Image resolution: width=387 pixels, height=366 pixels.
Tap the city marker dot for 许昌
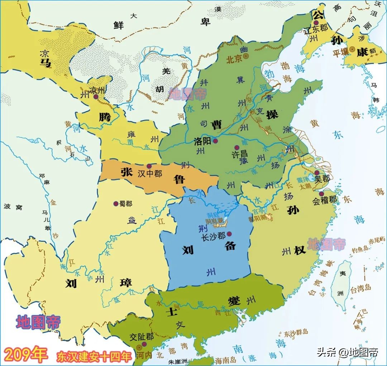tap(236, 147)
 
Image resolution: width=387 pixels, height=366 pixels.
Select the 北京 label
tap(234, 59)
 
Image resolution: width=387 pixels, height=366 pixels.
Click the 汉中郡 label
tap(150, 174)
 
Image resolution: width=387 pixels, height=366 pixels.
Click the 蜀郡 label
tap(126, 203)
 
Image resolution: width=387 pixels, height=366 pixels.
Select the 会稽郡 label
tap(324, 201)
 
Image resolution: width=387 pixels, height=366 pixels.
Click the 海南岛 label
tap(227, 359)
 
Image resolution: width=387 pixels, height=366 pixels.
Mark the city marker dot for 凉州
tap(95, 97)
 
